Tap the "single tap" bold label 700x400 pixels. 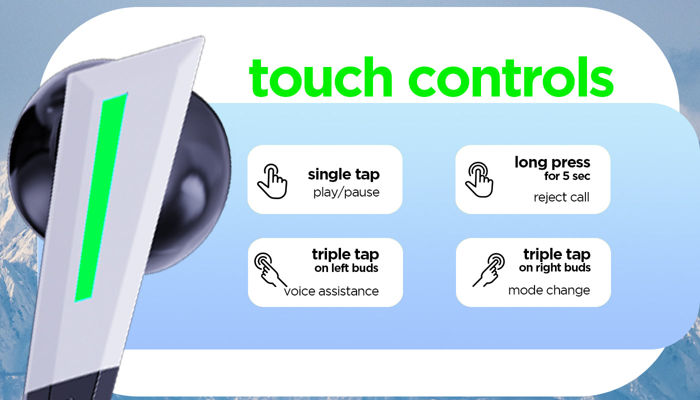(x=344, y=174)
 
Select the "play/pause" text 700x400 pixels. (x=346, y=192)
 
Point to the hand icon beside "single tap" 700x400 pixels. (x=272, y=181)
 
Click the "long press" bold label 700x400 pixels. (x=552, y=162)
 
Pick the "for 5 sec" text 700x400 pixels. (x=567, y=176)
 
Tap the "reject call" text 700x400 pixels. (x=561, y=197)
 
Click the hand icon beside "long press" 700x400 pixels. (x=479, y=179)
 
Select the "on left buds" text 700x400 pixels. (x=346, y=268)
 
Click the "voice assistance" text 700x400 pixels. (x=331, y=291)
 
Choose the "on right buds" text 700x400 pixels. (x=554, y=268)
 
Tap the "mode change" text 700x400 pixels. (x=549, y=290)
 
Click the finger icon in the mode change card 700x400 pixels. (x=489, y=269)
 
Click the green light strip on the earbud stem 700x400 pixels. (x=101, y=197)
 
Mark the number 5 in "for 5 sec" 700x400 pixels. (x=565, y=176)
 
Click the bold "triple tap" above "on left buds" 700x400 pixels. (x=345, y=254)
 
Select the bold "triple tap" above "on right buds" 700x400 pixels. (x=557, y=254)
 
